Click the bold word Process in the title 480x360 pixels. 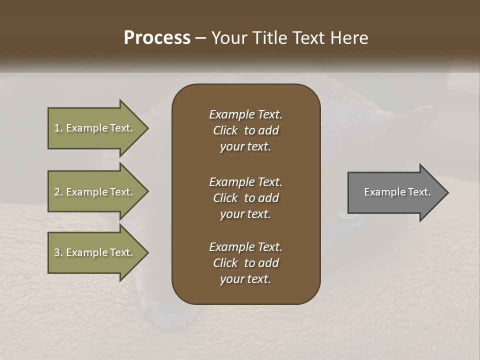pyautogui.click(x=157, y=37)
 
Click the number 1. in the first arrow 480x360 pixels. pyautogui.click(x=58, y=128)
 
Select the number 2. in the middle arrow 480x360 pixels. pyautogui.click(x=58, y=192)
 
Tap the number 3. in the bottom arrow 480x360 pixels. pyautogui.click(x=58, y=252)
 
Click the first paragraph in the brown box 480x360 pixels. pyautogui.click(x=245, y=130)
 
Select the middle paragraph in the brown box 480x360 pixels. pyautogui.click(x=245, y=198)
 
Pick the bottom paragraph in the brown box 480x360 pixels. pyautogui.click(x=245, y=263)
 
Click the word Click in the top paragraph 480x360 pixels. pyautogui.click(x=225, y=130)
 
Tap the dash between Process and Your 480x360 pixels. pyautogui.click(x=200, y=38)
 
